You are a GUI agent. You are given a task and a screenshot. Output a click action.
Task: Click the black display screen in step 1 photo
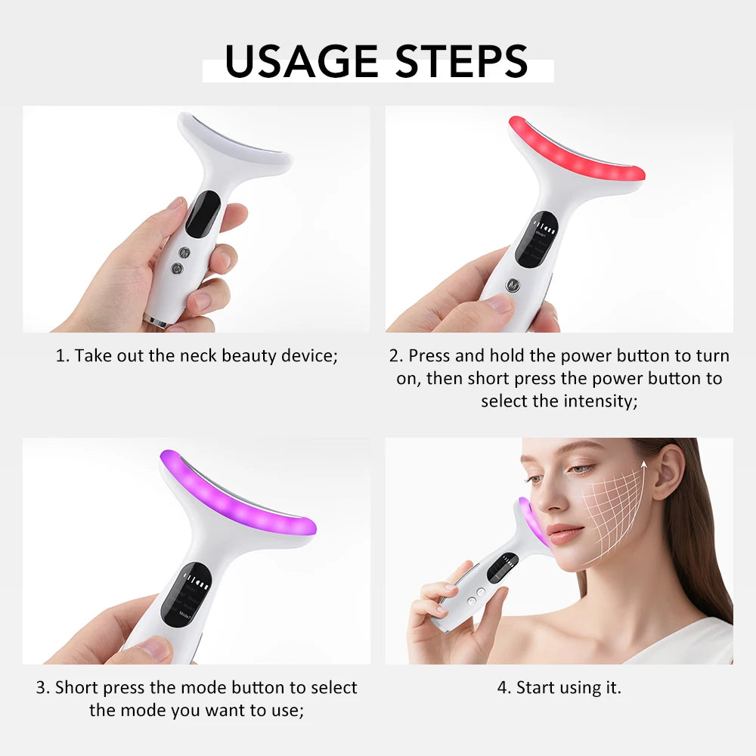(x=203, y=214)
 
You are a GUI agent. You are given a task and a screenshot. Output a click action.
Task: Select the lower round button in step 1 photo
(x=178, y=268)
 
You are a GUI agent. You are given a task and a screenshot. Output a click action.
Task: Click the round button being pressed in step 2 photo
(x=515, y=286)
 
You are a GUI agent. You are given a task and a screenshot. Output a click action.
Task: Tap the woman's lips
(x=565, y=533)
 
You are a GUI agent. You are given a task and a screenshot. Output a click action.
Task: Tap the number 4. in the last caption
(x=504, y=688)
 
